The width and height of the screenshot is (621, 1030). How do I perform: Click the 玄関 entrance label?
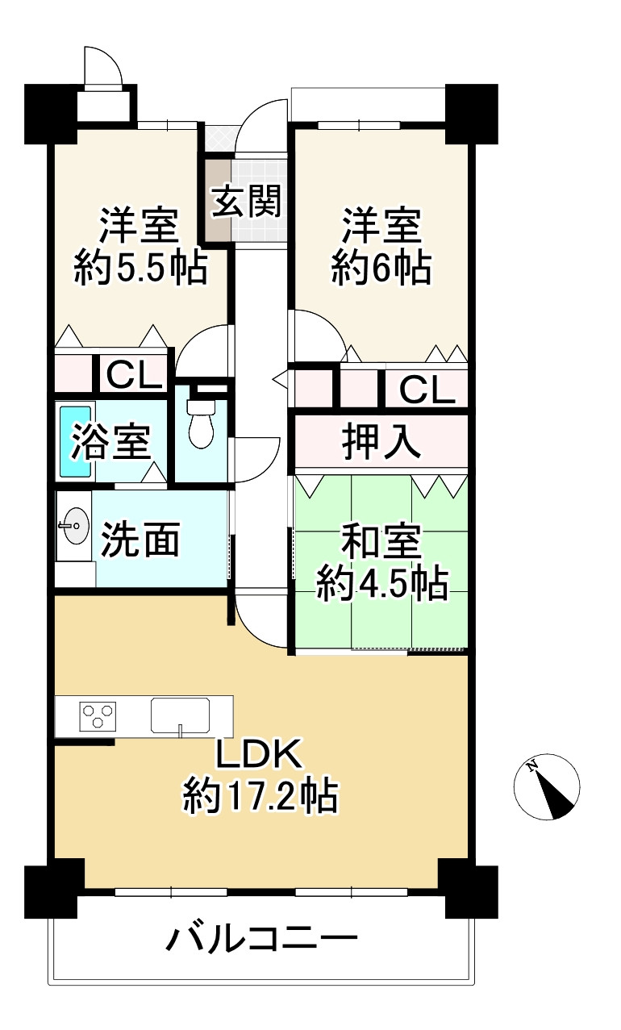click(246, 202)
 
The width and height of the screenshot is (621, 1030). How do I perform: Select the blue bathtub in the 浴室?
click(76, 441)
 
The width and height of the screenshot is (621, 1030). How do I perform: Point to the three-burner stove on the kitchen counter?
click(98, 715)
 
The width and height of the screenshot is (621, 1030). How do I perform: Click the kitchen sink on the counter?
click(180, 715)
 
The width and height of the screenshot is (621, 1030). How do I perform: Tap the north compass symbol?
click(547, 787)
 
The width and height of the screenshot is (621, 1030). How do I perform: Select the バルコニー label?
click(262, 940)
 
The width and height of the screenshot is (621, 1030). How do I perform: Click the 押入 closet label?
click(381, 442)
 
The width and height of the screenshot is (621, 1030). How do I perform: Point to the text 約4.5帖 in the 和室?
click(381, 584)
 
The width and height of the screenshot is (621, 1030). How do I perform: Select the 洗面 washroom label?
click(140, 541)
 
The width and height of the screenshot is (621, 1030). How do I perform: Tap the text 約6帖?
click(381, 268)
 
